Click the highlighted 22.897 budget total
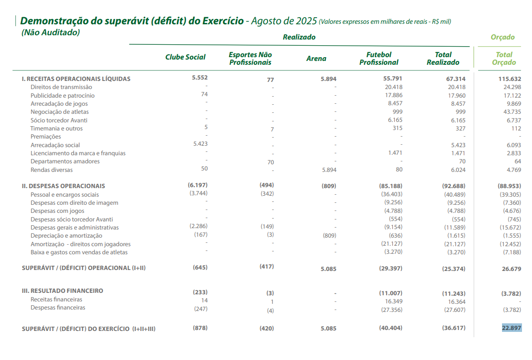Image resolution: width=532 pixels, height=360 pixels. pos(512,328)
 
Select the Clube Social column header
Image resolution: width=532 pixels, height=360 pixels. pos(185,58)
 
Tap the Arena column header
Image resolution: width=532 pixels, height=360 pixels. pos(316,59)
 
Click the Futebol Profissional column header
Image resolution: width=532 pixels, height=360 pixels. pos(379,59)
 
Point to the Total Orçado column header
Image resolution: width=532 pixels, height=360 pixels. pos(504,59)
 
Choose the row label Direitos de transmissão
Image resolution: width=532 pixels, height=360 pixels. pos(61,87)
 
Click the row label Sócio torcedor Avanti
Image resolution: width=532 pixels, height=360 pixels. pos(59,120)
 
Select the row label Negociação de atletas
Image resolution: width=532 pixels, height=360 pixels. pos(60,112)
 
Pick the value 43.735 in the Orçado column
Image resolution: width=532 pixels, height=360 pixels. pos(512,112)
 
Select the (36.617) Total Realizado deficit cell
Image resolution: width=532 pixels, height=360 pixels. pos(452,328)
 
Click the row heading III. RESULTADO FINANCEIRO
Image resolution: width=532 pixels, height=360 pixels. pos(62,291)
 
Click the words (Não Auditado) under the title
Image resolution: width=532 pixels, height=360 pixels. pos(50,32)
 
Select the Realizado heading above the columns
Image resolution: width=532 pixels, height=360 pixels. pos(299,37)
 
